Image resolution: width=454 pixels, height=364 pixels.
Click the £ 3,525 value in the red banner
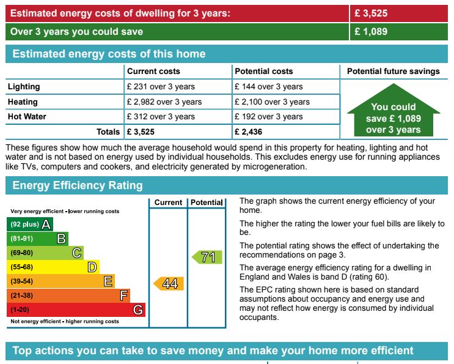click(x=371, y=13)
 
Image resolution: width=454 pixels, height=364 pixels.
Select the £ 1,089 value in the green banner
click(x=371, y=31)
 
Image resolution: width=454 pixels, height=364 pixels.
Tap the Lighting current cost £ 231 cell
click(x=161, y=87)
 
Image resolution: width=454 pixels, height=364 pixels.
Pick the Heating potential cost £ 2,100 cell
click(x=272, y=102)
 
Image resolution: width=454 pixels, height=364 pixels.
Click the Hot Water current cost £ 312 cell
click(x=161, y=116)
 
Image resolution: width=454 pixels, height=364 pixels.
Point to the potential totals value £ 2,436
click(x=252, y=132)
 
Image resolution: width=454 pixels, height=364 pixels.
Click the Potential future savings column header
click(x=393, y=72)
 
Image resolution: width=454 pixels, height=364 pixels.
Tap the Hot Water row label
click(x=27, y=116)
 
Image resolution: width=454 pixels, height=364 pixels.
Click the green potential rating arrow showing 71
click(x=206, y=257)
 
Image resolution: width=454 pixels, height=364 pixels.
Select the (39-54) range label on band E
click(x=22, y=281)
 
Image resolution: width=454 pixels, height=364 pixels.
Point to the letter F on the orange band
click(x=124, y=296)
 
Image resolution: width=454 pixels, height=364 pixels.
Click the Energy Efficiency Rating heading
click(x=78, y=185)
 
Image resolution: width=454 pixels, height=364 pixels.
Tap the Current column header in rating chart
click(x=168, y=202)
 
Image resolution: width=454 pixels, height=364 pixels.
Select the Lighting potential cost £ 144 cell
click(x=269, y=87)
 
